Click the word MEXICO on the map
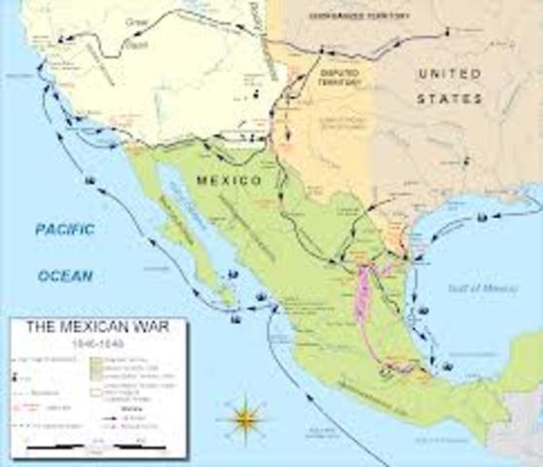coord(229,181)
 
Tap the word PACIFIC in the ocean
coord(64,230)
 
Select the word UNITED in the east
coord(451,74)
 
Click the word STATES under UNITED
coord(451,98)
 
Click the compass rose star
coord(248,417)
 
